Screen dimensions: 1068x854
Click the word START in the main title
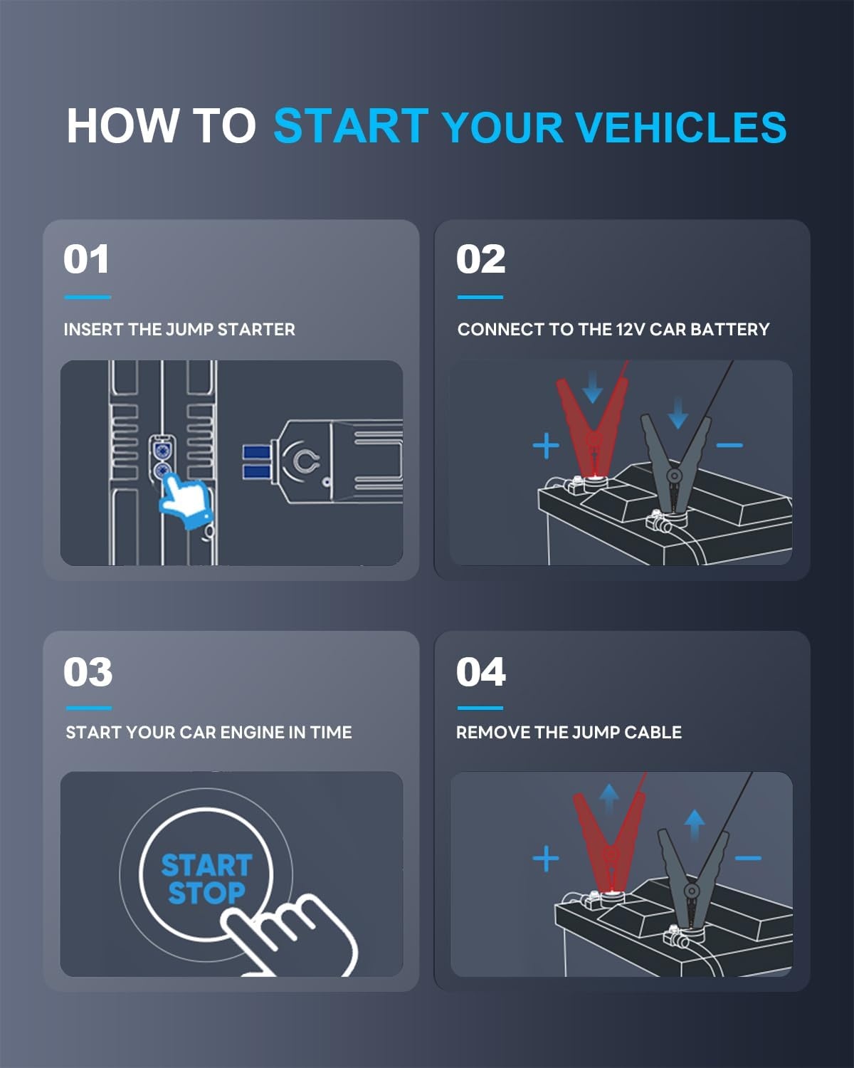351,126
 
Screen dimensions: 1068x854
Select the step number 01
86,259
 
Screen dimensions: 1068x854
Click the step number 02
480,259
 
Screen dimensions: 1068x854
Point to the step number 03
88,672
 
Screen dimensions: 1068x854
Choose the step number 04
480,672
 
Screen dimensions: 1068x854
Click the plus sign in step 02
546,446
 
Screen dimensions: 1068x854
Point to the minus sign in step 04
748,858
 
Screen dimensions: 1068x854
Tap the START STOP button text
206,879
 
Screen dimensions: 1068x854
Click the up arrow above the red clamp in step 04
608,797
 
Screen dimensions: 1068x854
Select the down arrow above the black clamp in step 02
678,412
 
